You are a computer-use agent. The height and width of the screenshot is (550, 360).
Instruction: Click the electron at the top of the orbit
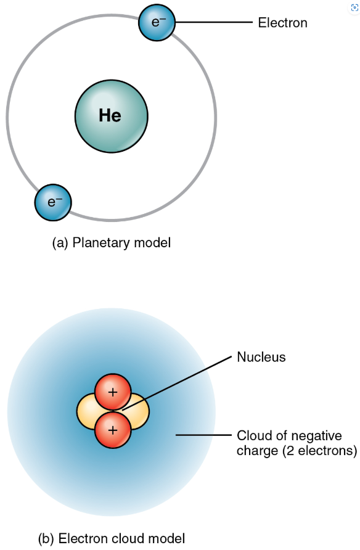tap(157, 22)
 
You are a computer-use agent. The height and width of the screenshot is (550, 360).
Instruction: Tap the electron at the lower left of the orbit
tap(53, 202)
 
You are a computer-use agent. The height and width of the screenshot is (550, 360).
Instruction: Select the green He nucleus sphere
tap(112, 116)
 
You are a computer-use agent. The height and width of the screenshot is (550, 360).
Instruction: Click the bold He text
tap(110, 115)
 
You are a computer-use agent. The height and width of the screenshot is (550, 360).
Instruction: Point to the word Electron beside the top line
tap(282, 23)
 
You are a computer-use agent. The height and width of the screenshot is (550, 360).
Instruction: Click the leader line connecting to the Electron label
tap(214, 22)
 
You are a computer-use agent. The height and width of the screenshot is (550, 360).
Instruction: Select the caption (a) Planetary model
tap(112, 243)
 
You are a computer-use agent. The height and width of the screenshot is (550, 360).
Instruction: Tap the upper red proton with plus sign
tap(113, 392)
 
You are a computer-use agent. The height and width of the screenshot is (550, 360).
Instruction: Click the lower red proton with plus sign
tap(113, 430)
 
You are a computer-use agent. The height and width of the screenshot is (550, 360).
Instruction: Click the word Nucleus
tap(261, 357)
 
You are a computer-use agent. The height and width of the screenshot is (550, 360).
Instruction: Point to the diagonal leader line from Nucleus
tap(177, 383)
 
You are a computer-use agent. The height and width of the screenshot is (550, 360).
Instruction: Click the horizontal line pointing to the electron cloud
tap(203, 435)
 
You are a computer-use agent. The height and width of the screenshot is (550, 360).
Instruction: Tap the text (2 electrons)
tap(320, 451)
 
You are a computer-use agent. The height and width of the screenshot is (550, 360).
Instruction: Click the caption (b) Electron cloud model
tap(112, 538)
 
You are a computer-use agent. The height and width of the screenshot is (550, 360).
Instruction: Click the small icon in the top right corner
tap(354, 8)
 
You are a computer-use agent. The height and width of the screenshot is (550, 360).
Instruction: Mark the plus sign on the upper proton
tap(113, 392)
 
